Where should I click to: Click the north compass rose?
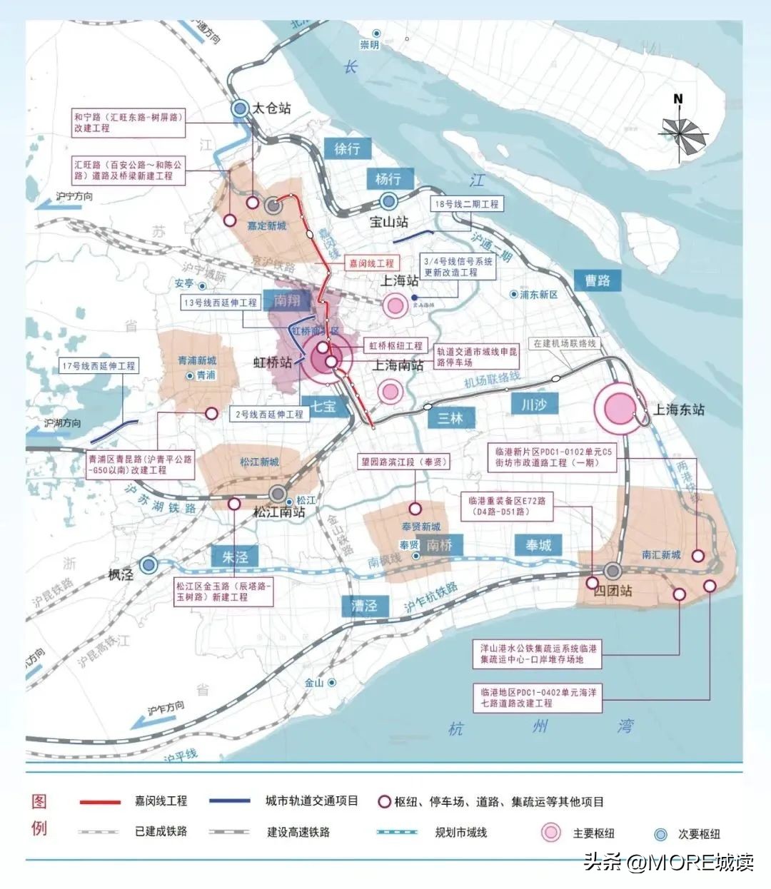pos(682,131)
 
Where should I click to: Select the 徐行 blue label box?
pos(348,148)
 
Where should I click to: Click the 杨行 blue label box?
pos(388,178)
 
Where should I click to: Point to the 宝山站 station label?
pos(389,222)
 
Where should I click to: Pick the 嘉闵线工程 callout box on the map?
pos(371,263)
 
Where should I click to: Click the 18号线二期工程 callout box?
pos(467,204)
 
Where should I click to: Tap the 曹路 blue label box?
pos(598,280)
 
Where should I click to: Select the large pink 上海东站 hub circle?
pos(619,409)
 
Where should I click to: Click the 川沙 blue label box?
pos(534,405)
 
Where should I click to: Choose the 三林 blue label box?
pos(450,418)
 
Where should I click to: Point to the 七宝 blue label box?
pos(323,406)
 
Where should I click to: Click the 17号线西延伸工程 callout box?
pos(99,366)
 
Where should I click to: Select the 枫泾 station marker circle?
pos(148,565)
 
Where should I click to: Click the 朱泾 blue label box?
pos(234,557)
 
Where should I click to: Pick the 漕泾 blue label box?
pos(364,606)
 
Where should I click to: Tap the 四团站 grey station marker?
pos(613,571)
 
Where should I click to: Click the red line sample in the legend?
pos(100,802)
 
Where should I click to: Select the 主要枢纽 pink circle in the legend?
pos(550,833)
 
